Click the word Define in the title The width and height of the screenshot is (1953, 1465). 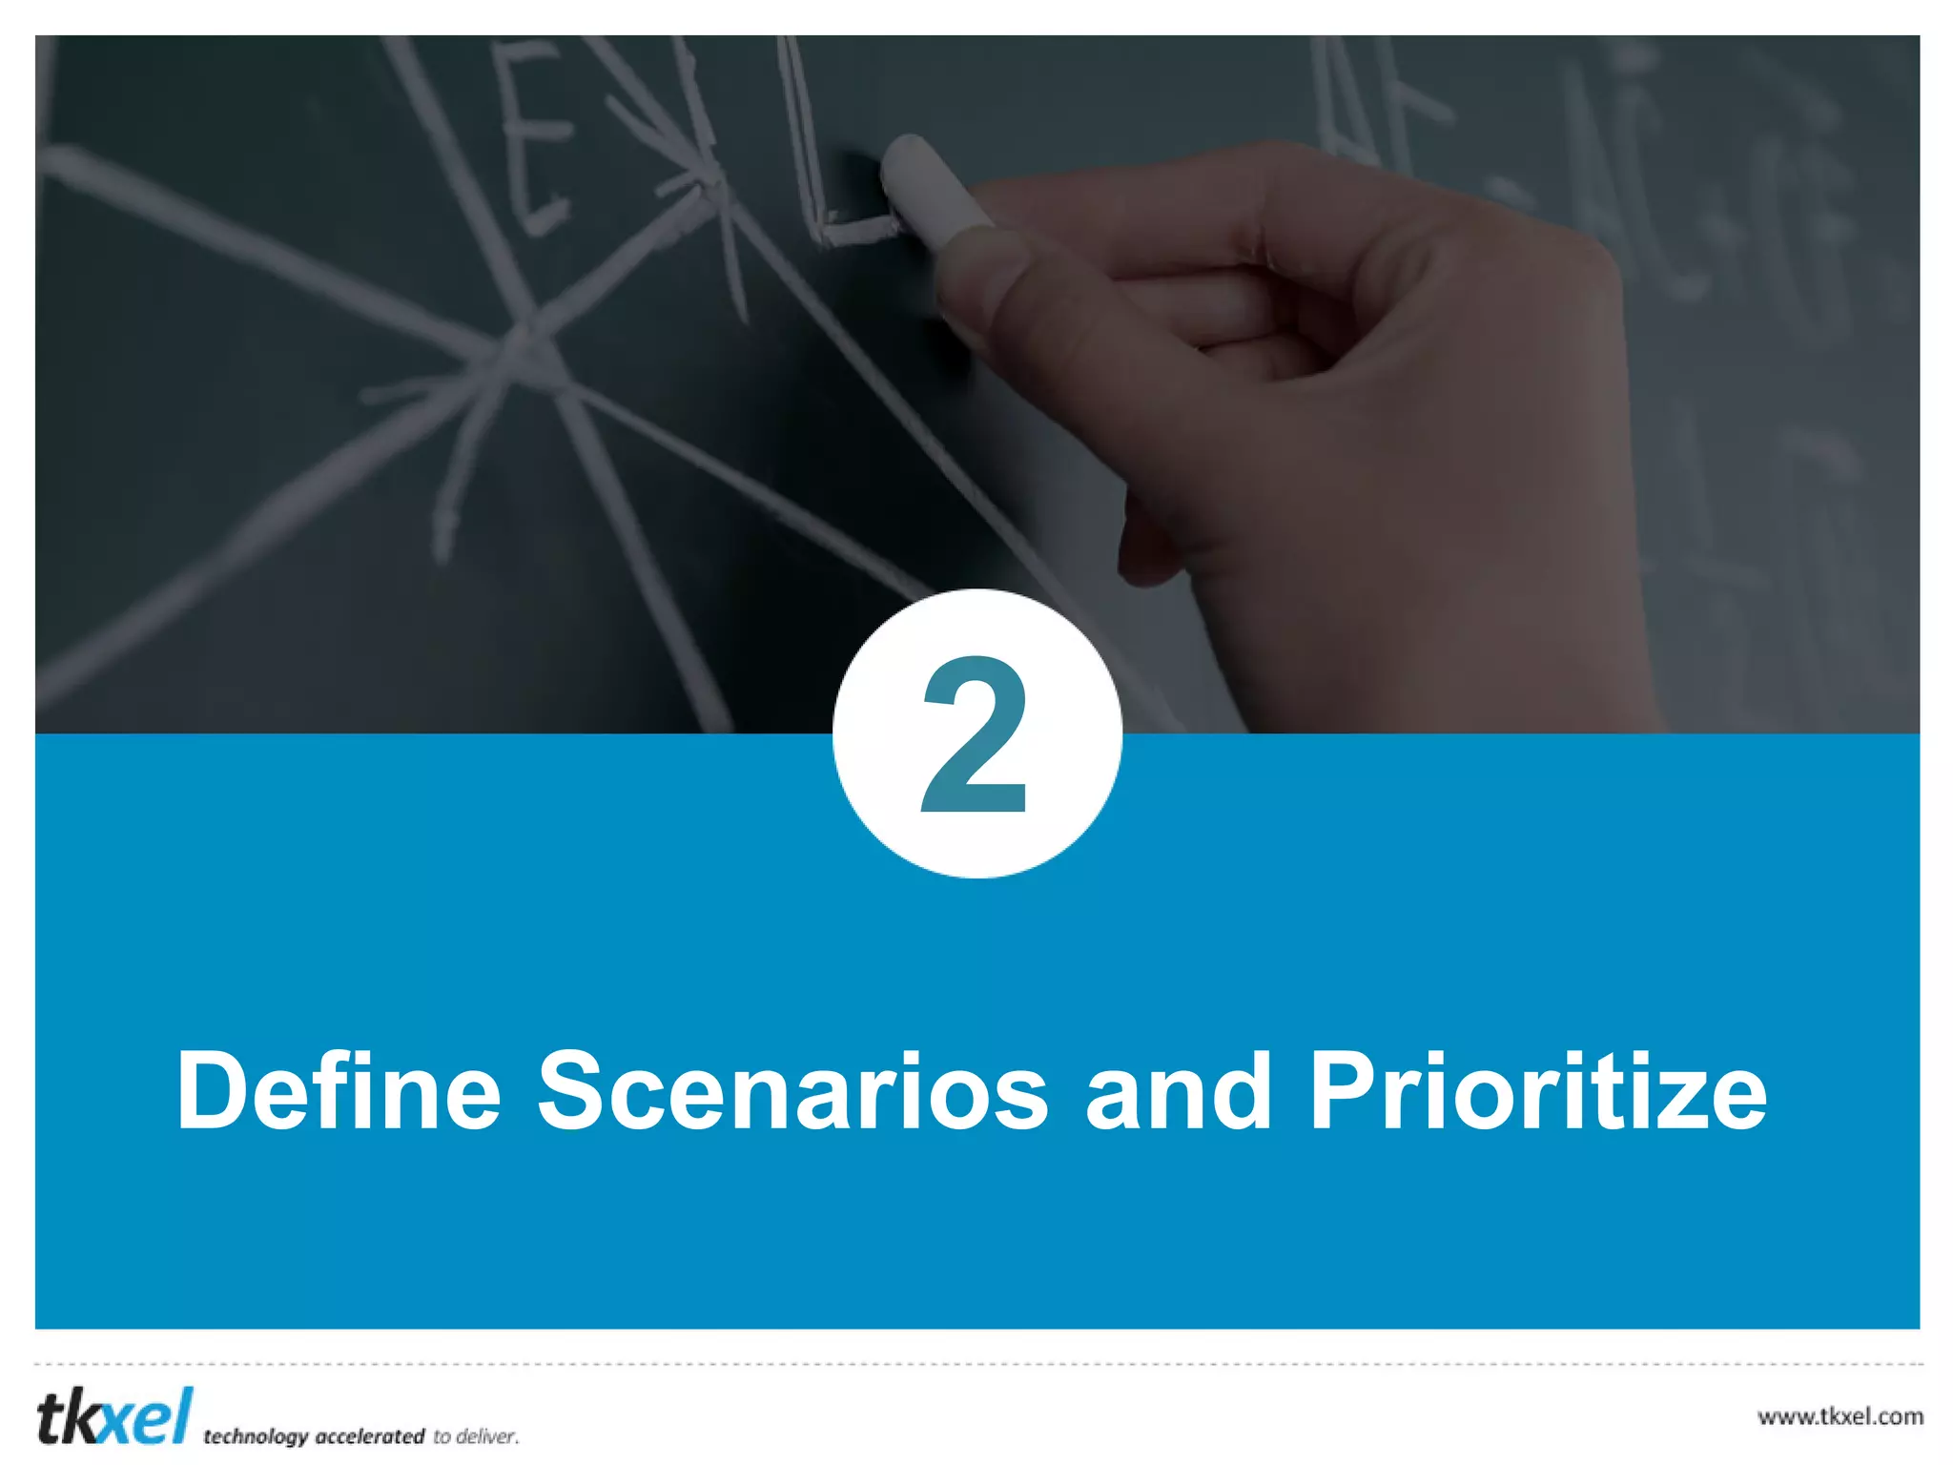coord(339,1090)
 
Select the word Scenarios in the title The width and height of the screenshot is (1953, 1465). coord(792,1090)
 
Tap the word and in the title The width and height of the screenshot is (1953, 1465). coord(1179,1090)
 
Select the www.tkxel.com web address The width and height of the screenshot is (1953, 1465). coord(1840,1416)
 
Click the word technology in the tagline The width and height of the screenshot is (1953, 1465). coord(256,1436)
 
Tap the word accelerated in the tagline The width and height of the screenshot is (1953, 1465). coord(369,1436)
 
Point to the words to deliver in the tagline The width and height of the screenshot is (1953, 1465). coord(476,1436)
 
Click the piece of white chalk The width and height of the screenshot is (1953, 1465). coord(930,191)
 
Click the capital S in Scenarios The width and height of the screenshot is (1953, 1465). coord(578,1090)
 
